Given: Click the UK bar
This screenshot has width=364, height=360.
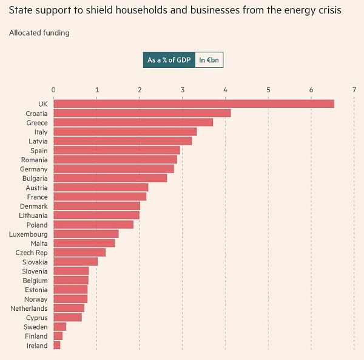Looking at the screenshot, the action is (194, 104).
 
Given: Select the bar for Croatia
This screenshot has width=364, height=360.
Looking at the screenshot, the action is (142, 113).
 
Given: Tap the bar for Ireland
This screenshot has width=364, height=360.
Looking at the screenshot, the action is (57, 345).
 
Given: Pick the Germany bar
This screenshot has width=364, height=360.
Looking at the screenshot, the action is (114, 169).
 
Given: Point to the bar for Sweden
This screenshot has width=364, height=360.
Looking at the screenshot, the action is (60, 327).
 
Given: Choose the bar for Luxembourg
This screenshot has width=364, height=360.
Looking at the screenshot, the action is (86, 234).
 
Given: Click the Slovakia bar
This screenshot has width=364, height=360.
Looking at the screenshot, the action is (76, 262).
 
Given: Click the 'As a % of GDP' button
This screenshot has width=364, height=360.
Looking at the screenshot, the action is (169, 60).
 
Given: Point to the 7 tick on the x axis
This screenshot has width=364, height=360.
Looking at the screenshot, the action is (354, 90).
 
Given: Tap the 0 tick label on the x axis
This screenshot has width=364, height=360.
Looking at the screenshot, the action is (53, 90).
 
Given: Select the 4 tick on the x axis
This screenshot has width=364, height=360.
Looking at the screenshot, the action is (225, 90).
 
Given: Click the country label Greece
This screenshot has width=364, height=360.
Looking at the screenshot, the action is (37, 123).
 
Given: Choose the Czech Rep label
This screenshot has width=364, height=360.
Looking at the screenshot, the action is (32, 253).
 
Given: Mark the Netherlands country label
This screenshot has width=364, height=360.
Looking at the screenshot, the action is (29, 308).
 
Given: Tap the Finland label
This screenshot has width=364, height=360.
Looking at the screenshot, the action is (36, 336).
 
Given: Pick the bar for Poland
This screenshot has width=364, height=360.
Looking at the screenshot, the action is (93, 225).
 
